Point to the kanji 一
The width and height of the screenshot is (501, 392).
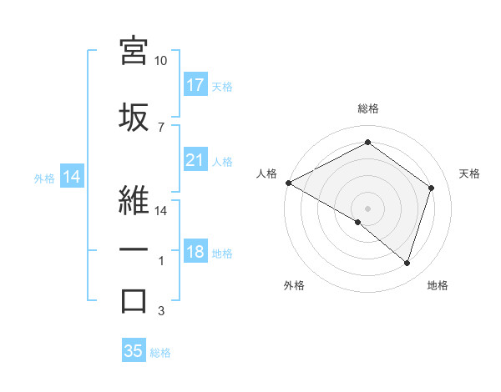coord(134,249)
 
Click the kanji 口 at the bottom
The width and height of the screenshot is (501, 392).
coord(134,301)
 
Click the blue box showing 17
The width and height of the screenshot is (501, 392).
coord(195,85)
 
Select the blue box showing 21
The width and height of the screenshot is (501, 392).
coord(195,160)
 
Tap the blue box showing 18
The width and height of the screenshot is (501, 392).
coord(195,252)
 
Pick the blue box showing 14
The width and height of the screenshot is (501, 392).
coord(71,177)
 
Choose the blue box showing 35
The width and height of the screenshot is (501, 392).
coord(134,351)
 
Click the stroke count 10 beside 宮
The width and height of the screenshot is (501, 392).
coord(161,61)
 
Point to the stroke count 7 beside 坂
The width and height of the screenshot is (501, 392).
coord(160,128)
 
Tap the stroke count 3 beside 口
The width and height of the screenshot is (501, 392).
coord(160,312)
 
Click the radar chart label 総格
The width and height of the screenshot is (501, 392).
coord(367,108)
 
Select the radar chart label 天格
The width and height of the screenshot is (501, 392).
coord(470,173)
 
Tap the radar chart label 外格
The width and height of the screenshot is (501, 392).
coord(294,285)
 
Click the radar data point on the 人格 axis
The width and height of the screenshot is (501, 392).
coord(288,183)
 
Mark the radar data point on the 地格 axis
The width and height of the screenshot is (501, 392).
coord(407,263)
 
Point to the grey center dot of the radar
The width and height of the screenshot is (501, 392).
coord(367,207)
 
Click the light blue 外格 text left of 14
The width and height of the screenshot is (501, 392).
coord(43,178)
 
